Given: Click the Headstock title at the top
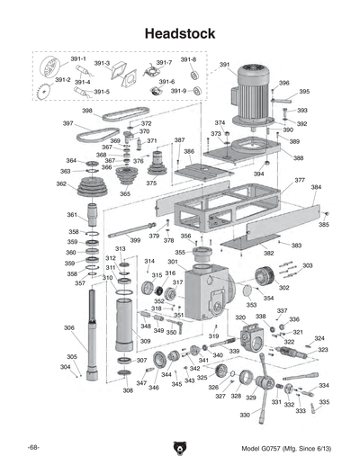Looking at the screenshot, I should [x=180, y=33].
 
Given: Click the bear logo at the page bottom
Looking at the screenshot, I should [x=179, y=446].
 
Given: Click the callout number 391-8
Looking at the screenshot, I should [x=188, y=59].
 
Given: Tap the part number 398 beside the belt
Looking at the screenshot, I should [x=87, y=111].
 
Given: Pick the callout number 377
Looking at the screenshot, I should [x=299, y=180].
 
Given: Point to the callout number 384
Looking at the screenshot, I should [x=316, y=188].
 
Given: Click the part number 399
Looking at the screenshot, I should [x=137, y=240].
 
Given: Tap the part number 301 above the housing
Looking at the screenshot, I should [x=172, y=262].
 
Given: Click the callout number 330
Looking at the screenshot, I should [x=245, y=416].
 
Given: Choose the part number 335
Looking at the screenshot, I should [x=324, y=402].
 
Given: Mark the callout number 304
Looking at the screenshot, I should [x=65, y=367].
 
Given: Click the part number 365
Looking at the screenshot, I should [x=125, y=193].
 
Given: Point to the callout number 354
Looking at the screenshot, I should [x=267, y=298].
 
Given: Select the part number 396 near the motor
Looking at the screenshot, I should [x=284, y=83].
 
